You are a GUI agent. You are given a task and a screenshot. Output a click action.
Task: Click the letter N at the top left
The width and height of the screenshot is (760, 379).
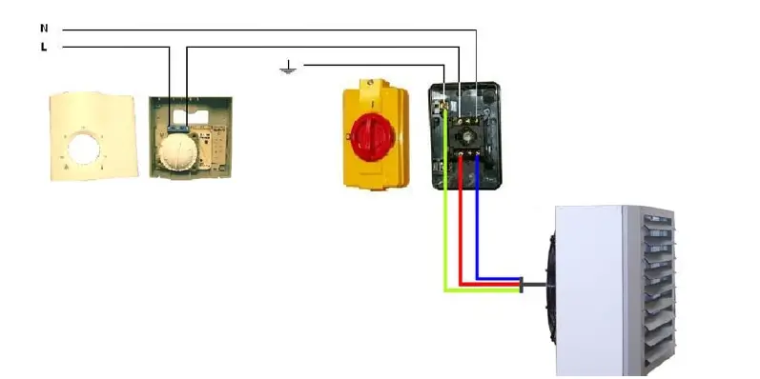coord(44,29)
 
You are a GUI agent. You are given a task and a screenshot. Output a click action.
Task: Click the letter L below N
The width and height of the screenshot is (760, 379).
coord(44,46)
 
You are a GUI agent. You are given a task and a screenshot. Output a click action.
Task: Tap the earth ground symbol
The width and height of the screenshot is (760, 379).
coord(287,68)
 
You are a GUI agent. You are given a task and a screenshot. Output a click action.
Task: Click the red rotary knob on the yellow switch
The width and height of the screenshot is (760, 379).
coord(369,132)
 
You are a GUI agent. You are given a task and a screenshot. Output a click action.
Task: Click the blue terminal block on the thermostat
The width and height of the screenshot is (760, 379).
coord(177,123)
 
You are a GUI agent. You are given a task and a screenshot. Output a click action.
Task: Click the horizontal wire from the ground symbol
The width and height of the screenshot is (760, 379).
coord(372,65)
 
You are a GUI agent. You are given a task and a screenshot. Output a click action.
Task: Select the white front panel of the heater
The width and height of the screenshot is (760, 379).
coord(590,286)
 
